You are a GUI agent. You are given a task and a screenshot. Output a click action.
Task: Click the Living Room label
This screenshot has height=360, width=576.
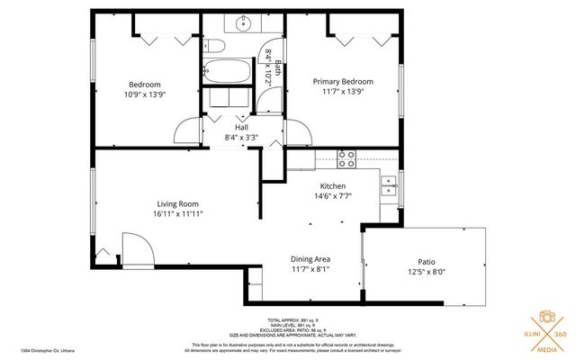click(177, 204)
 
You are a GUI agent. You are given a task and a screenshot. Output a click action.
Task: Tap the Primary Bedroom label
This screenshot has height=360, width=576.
click(343, 82)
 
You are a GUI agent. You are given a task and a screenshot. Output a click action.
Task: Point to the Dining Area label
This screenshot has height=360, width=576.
click(310, 259)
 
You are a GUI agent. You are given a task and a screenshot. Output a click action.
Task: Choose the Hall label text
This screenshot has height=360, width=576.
click(241, 128)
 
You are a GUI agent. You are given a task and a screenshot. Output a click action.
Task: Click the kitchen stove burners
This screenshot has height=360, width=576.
click(346, 158)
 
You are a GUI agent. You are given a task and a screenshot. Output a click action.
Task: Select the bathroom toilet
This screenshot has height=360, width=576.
click(213, 47)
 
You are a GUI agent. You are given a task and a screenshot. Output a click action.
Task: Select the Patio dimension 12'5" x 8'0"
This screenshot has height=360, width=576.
click(425, 272)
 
